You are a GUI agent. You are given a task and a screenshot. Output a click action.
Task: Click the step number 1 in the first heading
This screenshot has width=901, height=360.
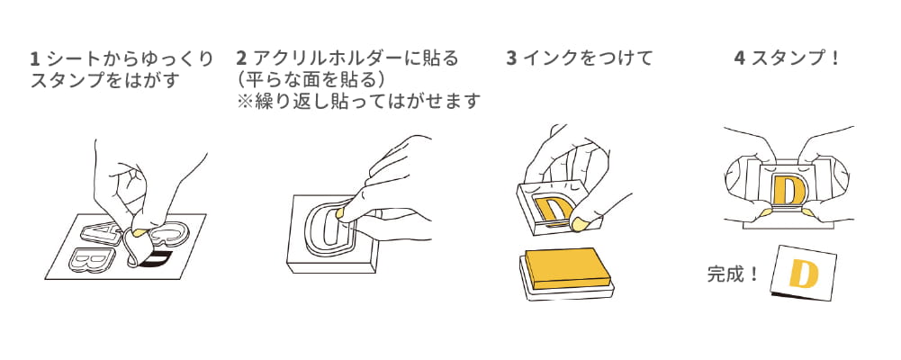pos(34,59)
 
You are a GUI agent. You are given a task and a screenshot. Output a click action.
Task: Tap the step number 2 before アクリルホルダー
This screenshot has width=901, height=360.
pos(240,59)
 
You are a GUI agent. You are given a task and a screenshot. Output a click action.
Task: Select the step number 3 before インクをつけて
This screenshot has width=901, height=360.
pos(511,59)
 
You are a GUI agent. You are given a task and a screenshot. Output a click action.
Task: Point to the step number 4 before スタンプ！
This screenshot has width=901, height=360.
pos(739,59)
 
